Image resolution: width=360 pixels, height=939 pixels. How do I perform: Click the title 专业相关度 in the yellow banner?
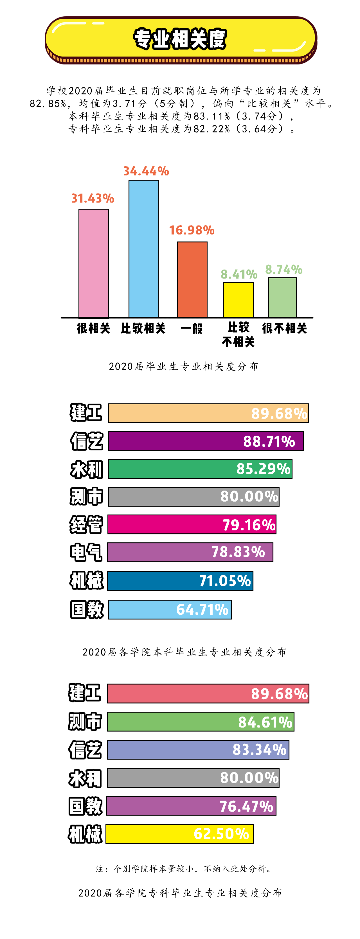pos(180,39)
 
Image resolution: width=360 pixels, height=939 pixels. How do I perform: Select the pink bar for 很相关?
pos(94,263)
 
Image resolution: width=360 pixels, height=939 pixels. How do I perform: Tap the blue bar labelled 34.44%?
pos(144,249)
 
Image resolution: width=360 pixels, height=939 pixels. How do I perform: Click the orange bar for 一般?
pos(192,279)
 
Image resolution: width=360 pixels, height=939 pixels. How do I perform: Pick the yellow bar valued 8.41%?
pos(238,300)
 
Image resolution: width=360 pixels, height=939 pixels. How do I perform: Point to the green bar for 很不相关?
pos(282,298)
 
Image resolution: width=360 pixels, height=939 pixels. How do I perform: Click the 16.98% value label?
pos(192,230)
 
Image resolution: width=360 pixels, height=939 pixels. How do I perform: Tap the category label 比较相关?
pos(143,328)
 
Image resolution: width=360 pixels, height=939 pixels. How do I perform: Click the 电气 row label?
pos(86,552)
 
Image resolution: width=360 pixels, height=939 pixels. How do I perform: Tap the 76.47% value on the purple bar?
pos(246,806)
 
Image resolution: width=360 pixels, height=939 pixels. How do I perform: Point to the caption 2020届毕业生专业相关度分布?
pos(183,366)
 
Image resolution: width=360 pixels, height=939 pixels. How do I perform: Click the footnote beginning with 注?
pos(183,869)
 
